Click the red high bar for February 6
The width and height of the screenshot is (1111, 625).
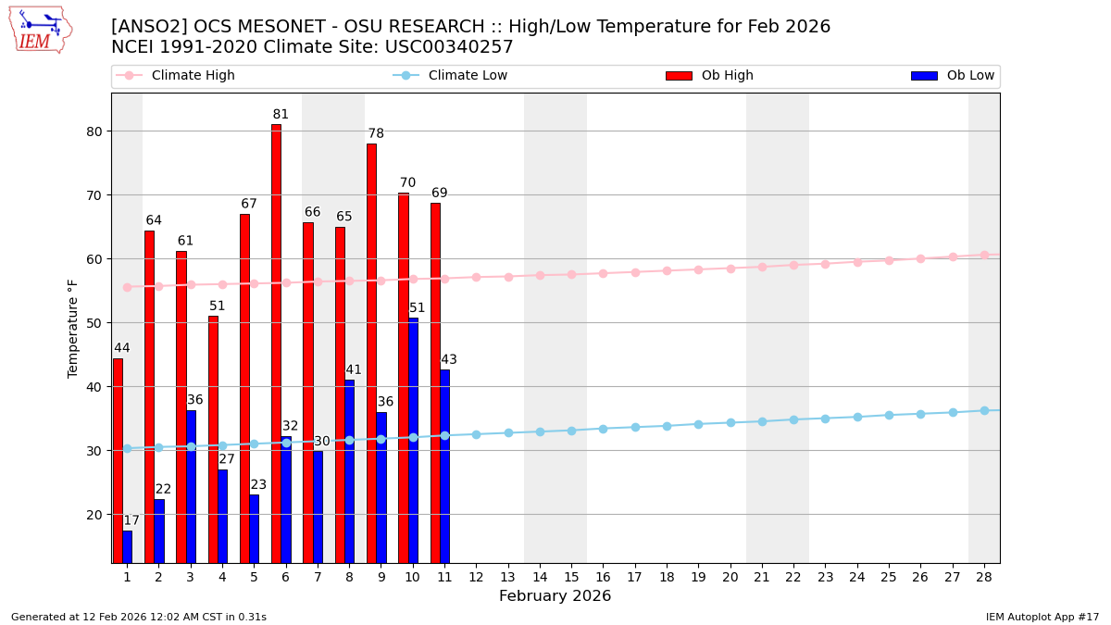point(276,343)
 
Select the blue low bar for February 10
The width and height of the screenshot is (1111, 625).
point(413,440)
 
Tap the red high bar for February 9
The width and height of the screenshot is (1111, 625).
point(371,352)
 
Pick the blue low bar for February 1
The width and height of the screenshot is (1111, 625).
point(127,546)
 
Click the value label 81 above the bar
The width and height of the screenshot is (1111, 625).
point(281,115)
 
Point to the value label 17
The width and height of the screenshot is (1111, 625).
point(131,521)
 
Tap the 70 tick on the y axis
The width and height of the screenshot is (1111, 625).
point(93,195)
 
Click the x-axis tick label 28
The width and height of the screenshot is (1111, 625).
point(984,578)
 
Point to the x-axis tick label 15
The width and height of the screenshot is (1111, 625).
point(571,578)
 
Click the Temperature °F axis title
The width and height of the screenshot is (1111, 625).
point(73,328)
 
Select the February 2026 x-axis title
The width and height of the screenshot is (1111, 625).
point(555,596)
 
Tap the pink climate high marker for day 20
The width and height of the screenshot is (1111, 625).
point(730,269)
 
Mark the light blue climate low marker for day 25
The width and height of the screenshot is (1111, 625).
point(889,415)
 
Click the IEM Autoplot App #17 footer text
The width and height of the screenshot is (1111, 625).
point(1042,617)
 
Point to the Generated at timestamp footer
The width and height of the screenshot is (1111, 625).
point(139,617)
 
